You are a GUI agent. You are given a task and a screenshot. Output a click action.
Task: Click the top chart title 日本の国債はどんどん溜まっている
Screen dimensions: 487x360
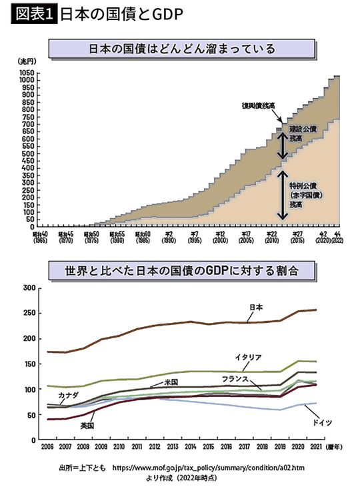pyautogui.click(x=181, y=49)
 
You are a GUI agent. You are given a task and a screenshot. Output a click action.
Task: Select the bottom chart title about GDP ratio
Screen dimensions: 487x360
pyautogui.click(x=181, y=271)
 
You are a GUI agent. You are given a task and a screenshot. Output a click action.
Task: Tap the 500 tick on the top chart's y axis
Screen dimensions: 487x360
pyautogui.click(x=27, y=153)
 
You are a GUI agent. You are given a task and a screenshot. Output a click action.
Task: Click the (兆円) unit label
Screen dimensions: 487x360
pyautogui.click(x=24, y=61)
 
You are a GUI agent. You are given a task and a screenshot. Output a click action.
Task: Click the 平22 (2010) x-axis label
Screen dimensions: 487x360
pyautogui.click(x=271, y=238)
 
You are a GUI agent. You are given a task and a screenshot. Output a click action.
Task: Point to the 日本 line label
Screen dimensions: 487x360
pyautogui.click(x=255, y=307)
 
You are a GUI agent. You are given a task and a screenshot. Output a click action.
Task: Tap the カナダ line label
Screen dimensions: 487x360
pyautogui.click(x=67, y=395)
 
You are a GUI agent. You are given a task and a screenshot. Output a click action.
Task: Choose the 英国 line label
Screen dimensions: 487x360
pyautogui.click(x=87, y=424)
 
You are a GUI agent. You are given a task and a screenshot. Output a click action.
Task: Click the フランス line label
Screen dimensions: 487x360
pyautogui.click(x=235, y=378)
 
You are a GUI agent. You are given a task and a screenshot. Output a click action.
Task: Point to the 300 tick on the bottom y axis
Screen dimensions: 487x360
pyautogui.click(x=28, y=288)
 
